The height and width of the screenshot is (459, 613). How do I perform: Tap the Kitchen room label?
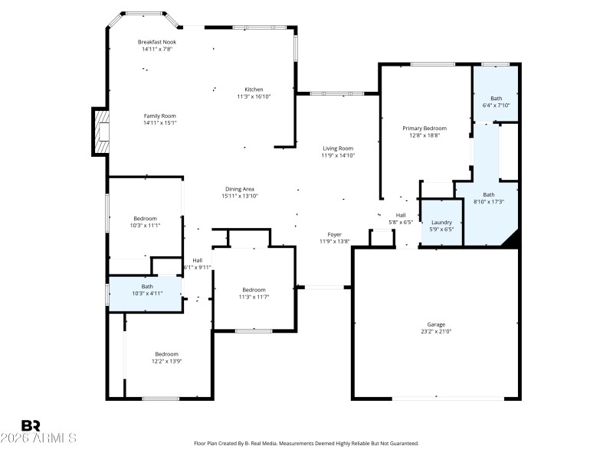click(x=254, y=89)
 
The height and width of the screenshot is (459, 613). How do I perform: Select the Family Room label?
click(x=159, y=116)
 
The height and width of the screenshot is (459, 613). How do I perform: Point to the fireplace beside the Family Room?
click(x=100, y=132)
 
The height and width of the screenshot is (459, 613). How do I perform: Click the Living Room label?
click(x=337, y=148)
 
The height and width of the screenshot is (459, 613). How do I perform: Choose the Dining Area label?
click(x=240, y=189)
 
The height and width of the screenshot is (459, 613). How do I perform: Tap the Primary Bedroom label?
click(x=425, y=129)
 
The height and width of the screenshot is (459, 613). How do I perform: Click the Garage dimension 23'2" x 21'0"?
click(x=436, y=331)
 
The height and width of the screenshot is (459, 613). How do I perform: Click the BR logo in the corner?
click(x=31, y=425)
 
